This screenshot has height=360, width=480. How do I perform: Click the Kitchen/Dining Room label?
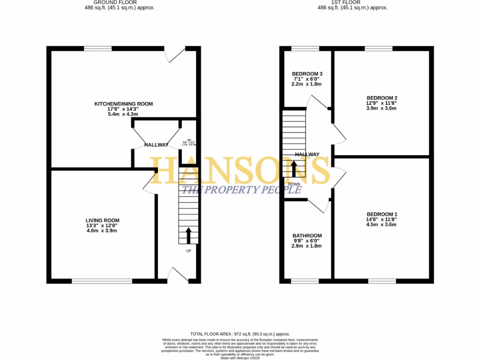[x=124, y=104]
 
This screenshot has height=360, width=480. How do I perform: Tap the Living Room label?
[x=102, y=220]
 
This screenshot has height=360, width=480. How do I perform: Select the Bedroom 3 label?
[x=307, y=74]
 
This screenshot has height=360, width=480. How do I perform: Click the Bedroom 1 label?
[x=382, y=214]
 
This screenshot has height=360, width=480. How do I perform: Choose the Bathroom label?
[x=307, y=236]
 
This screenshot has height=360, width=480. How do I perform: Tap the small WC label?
[x=190, y=140]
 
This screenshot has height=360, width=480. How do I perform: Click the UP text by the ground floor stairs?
[x=189, y=251]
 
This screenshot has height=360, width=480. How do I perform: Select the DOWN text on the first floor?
[x=294, y=184]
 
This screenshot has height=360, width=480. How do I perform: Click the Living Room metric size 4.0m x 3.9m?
[x=102, y=230]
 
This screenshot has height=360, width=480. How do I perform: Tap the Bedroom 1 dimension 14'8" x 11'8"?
[x=382, y=219]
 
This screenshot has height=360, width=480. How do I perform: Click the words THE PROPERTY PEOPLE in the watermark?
[x=241, y=190]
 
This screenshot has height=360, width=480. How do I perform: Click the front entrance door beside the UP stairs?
[x=178, y=276]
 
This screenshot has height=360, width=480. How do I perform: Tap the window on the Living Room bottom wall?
[x=102, y=281]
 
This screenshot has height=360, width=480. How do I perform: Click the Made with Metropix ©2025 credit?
[x=240, y=358]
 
